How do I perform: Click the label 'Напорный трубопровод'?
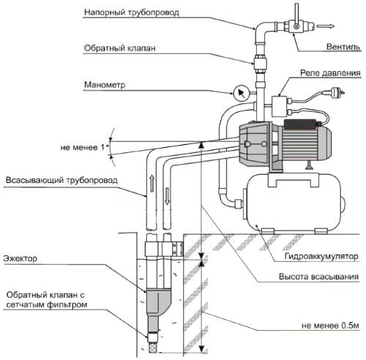click(132, 12)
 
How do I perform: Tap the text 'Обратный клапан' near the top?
click(119, 48)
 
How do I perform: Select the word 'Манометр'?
click(105, 85)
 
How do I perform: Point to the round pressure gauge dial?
click(241, 94)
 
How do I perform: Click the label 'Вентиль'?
click(343, 46)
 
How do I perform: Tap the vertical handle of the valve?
click(296, 15)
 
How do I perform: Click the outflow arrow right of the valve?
click(325, 26)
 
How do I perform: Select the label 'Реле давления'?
click(330, 72)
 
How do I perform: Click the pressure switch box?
click(280, 106)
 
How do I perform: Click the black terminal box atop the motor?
click(300, 124)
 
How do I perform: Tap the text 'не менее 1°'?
click(85, 147)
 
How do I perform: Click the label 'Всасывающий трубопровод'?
click(61, 180)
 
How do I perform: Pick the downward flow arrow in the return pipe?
click(167, 196)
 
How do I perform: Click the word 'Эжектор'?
click(20, 258)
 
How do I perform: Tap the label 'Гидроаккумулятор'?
click(321, 256)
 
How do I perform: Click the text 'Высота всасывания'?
click(318, 277)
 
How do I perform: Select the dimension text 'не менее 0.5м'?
click(330, 326)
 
